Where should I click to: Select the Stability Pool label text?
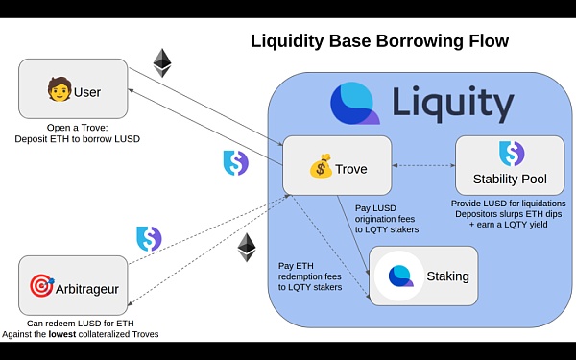tap(511, 179)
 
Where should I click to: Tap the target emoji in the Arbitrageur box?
tap(41, 286)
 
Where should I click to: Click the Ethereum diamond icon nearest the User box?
tap(162, 62)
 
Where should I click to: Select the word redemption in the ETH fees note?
tap(310, 276)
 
